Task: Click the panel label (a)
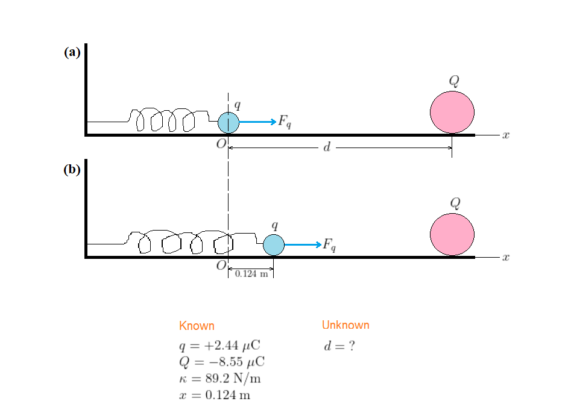pos(72,52)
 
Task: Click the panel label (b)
pos(72,169)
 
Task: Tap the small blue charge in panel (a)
pos(229,122)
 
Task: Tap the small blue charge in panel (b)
pos(274,244)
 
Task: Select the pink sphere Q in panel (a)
pos(452,112)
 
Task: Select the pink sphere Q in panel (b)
pos(452,234)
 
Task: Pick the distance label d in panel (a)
pos(326,147)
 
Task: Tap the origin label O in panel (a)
pos(221,144)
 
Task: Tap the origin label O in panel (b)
pos(221,265)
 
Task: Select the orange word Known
pos(197,326)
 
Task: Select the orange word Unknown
pos(346,325)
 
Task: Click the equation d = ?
pos(338,347)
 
